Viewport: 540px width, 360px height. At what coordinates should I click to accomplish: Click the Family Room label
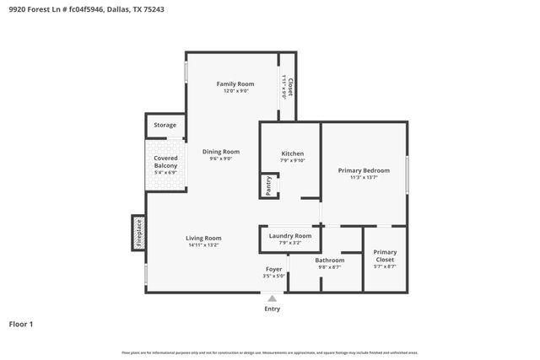coord(235,83)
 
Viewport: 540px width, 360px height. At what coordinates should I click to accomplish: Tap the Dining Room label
coord(221,152)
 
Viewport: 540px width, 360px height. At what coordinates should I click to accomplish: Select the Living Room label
coord(203,238)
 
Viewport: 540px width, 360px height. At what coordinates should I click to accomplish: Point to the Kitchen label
coord(292,153)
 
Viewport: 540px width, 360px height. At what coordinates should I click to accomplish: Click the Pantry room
coord(268,186)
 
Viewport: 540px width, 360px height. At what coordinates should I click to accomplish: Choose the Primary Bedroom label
coord(363,170)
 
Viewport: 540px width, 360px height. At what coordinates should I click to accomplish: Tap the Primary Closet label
coord(385,255)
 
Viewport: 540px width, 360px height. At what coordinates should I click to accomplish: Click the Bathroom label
coord(330,260)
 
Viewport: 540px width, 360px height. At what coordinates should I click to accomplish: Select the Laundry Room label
coord(290,236)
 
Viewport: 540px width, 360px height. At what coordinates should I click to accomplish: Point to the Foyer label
coord(273,269)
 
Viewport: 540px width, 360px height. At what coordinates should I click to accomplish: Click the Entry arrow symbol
coord(272,298)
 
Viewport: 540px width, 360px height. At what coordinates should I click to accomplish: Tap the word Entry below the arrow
coord(272,309)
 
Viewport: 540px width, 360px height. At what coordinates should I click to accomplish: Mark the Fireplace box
coord(138,233)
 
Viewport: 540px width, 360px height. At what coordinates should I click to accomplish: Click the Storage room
coord(165,126)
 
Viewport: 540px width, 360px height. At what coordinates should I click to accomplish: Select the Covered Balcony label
coord(165,162)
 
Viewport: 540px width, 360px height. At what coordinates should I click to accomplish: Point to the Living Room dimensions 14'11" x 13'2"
coord(203,245)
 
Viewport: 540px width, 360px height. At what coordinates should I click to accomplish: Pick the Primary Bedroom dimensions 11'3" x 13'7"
coord(363,178)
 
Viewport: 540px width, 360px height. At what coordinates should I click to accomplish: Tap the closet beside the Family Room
coord(288,86)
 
